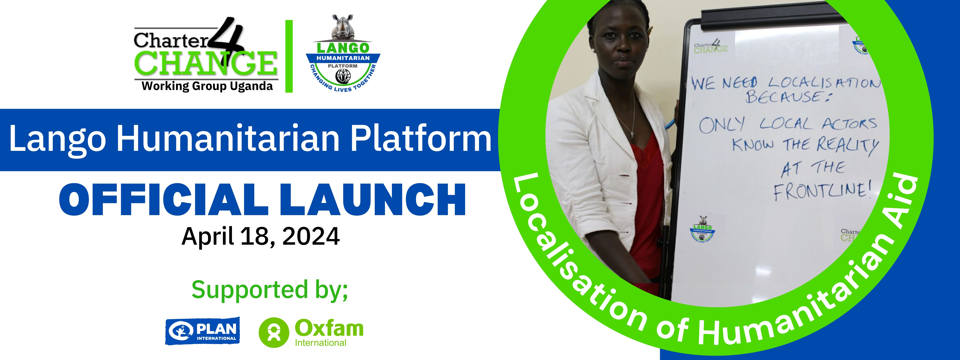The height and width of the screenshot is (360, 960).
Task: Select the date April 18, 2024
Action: tap(261, 236)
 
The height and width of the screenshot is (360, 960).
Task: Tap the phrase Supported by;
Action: tap(270, 290)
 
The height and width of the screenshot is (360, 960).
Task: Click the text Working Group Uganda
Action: tap(207, 86)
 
